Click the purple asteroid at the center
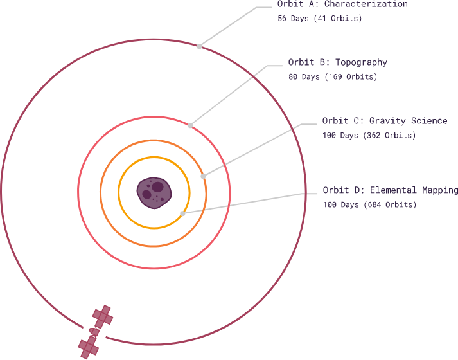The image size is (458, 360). point(154,193)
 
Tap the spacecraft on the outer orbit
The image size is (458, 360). point(95,332)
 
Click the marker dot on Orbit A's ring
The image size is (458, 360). point(199,46)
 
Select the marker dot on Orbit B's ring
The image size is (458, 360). point(190,125)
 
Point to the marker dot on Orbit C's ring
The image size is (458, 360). point(203,175)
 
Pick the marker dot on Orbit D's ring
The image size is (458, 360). point(183,213)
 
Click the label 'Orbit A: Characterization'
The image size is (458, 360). point(342,4)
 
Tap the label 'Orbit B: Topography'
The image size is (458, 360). point(337,62)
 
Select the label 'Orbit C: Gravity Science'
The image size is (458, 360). point(384,121)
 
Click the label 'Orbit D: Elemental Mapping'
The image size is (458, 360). point(390,190)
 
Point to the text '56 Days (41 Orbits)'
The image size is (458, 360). point(319,19)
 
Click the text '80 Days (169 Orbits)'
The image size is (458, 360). point(332,77)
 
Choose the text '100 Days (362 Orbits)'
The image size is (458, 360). point(369,136)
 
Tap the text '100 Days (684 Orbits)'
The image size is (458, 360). point(369,205)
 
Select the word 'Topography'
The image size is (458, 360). point(361,62)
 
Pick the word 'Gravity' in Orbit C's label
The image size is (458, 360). point(389,121)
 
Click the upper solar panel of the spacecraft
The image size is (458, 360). point(102,316)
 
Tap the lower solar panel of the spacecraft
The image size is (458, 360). point(88,348)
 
